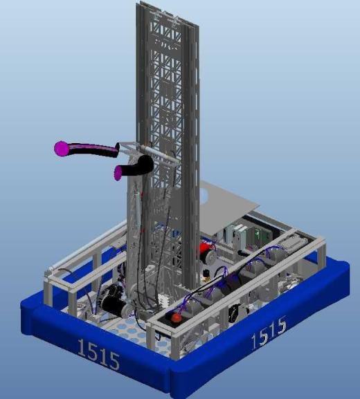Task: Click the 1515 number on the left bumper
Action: pos(98,354)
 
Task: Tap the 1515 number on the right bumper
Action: pos(269,331)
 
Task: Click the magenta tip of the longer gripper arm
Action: pos(62,149)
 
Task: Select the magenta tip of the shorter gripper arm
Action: pos(118,173)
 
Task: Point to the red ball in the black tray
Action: pos(176,318)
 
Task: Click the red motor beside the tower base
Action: pos(206,250)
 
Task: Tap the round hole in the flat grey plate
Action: pos(204,196)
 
